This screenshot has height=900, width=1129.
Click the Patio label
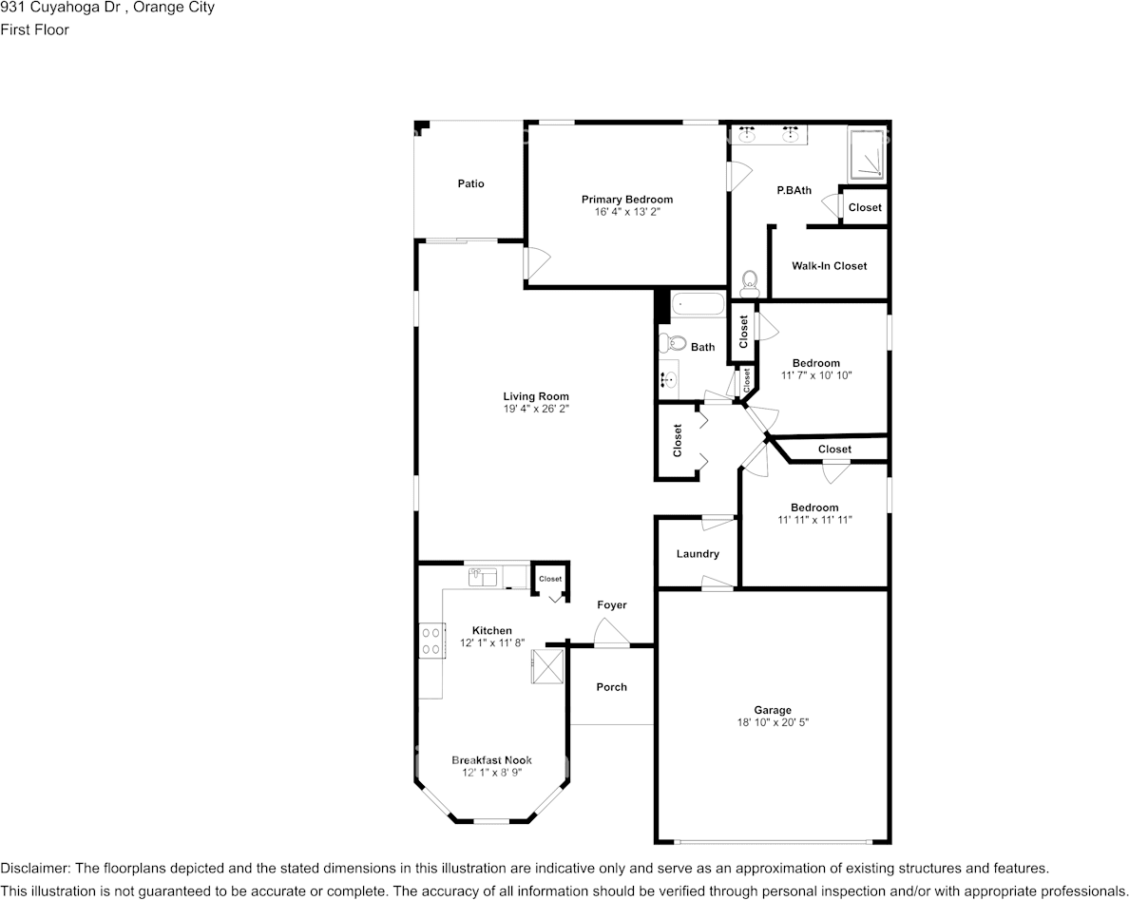tap(471, 183)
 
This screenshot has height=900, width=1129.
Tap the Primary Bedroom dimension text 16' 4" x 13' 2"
tap(627, 212)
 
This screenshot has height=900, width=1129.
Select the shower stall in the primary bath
tap(865, 153)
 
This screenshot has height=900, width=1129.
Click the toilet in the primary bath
tap(750, 283)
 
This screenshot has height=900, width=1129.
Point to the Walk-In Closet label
tap(830, 266)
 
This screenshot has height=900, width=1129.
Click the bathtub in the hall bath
tap(698, 304)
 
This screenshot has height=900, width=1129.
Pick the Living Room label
tap(536, 396)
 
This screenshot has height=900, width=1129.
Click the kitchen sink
tap(484, 578)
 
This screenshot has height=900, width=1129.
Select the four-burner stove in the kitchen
tap(431, 641)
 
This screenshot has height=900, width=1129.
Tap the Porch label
tap(611, 687)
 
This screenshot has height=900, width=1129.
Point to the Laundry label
tap(698, 554)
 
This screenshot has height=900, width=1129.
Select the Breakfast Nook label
tap(491, 759)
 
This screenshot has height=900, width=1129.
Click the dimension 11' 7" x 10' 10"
tap(816, 375)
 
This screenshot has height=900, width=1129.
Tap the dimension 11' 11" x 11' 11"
tap(815, 519)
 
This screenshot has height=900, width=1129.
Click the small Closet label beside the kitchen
tap(550, 579)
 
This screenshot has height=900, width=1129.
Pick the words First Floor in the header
tap(34, 29)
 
